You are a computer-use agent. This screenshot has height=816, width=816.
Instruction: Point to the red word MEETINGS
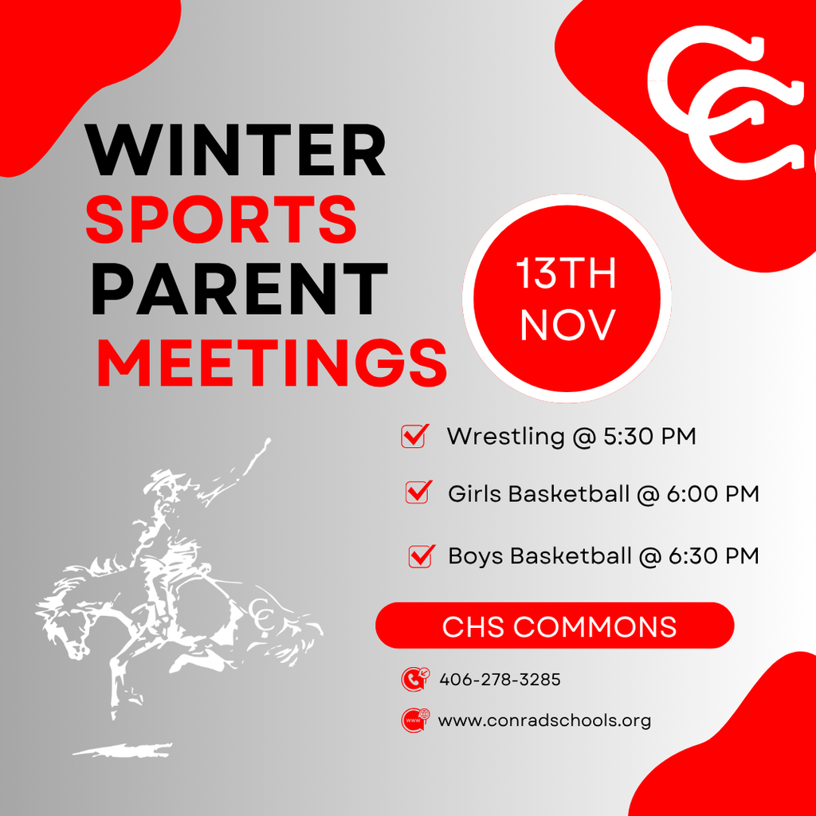point(271,361)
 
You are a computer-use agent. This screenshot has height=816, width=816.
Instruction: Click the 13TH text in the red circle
point(567,275)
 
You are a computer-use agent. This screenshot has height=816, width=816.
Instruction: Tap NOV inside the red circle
point(567,324)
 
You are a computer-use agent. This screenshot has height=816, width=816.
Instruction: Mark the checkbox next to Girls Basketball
point(418,492)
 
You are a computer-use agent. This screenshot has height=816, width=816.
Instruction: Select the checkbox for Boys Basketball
point(420,555)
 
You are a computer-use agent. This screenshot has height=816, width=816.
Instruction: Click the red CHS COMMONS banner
point(555,626)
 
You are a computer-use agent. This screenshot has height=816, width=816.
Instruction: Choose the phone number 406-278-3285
point(500,680)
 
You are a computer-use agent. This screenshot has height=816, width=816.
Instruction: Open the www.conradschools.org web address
point(544,720)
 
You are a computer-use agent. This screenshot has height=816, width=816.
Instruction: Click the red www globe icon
point(414,720)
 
